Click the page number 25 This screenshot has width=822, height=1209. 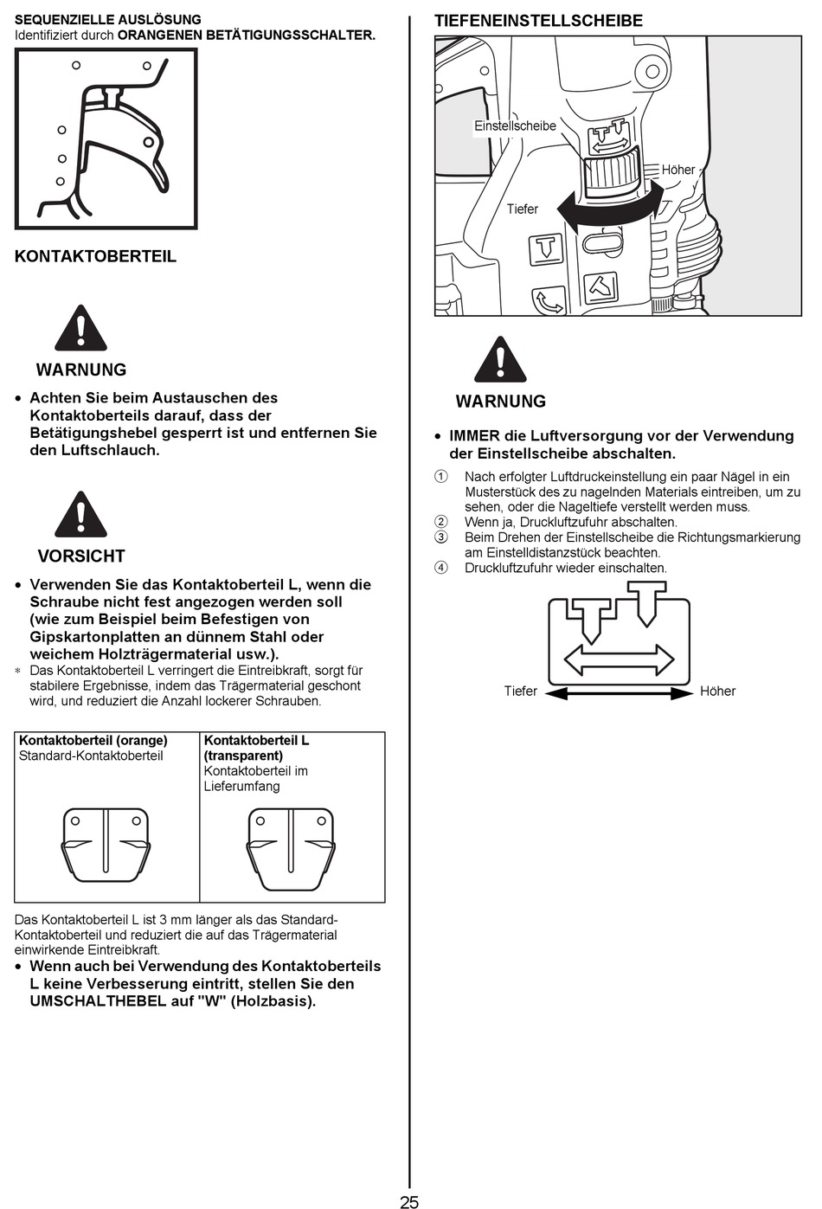click(409, 1201)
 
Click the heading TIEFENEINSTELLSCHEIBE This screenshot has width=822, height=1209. click(538, 21)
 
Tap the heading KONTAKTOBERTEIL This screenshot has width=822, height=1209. click(95, 256)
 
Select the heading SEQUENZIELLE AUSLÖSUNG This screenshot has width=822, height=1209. click(108, 19)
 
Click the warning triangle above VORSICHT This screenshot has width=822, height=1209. click(80, 515)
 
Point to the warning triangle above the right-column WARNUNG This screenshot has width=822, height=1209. click(500, 360)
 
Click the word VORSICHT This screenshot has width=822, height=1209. click(81, 556)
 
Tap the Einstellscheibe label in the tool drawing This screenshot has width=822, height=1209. click(515, 126)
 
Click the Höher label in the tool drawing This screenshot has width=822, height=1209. click(678, 170)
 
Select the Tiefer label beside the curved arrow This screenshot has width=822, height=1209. click(523, 209)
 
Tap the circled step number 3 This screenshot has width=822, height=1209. click(441, 537)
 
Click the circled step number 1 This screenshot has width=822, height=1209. click(441, 477)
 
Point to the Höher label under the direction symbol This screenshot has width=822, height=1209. click(717, 691)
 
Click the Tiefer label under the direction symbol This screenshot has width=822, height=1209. click(521, 691)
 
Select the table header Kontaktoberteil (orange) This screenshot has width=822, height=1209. click(93, 741)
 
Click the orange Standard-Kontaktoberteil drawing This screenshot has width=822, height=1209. click(106, 848)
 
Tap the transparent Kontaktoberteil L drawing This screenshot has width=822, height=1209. click(291, 848)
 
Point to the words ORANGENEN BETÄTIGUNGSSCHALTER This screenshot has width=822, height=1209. click(247, 35)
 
